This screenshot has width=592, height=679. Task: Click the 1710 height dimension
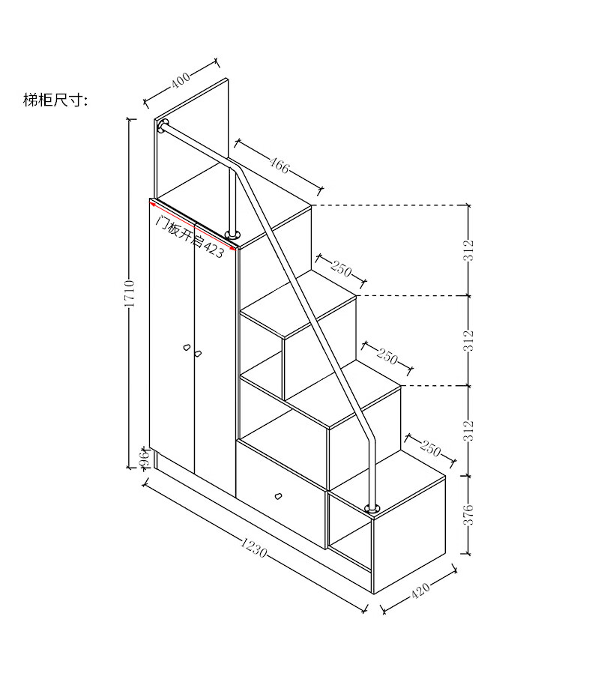coord(130,294)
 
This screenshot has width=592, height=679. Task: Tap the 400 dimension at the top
coord(181,80)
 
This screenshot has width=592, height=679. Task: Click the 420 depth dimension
coord(421,592)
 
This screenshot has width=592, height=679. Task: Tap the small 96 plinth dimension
coord(142,459)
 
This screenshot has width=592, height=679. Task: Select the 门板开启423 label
coord(189,236)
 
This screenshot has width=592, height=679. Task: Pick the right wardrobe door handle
coord(199,353)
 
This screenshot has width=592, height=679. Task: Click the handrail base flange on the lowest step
coord(372,509)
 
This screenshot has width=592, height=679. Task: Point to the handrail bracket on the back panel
coord(163,125)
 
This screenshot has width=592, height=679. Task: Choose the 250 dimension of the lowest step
coord(430,448)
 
